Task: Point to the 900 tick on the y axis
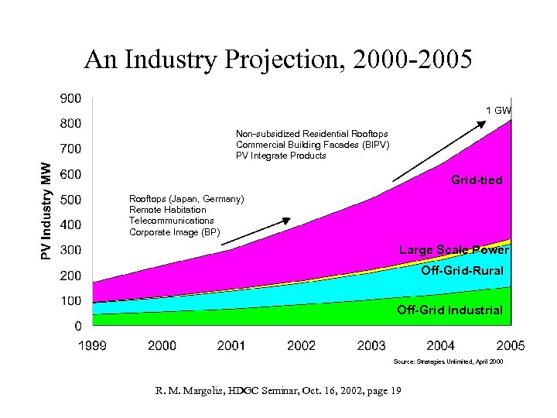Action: pyautogui.click(x=70, y=98)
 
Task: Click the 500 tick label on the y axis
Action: pyautogui.click(x=70, y=200)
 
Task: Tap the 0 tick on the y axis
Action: pyautogui.click(x=78, y=326)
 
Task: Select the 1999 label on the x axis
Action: pyautogui.click(x=91, y=345)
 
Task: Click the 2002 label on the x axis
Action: pyautogui.click(x=301, y=345)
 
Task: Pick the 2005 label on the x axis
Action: pyautogui.click(x=510, y=345)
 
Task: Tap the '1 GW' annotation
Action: pyautogui.click(x=498, y=111)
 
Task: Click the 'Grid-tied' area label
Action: pyautogui.click(x=477, y=180)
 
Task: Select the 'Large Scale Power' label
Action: pyautogui.click(x=453, y=250)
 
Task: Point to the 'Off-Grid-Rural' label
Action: pyautogui.click(x=462, y=271)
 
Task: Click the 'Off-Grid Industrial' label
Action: pyautogui.click(x=449, y=310)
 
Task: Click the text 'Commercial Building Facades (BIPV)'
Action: pyautogui.click(x=313, y=145)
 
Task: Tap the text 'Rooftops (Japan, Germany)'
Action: pyautogui.click(x=186, y=199)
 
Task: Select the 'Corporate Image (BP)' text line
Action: pyautogui.click(x=174, y=232)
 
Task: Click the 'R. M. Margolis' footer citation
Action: pyautogui.click(x=277, y=390)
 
